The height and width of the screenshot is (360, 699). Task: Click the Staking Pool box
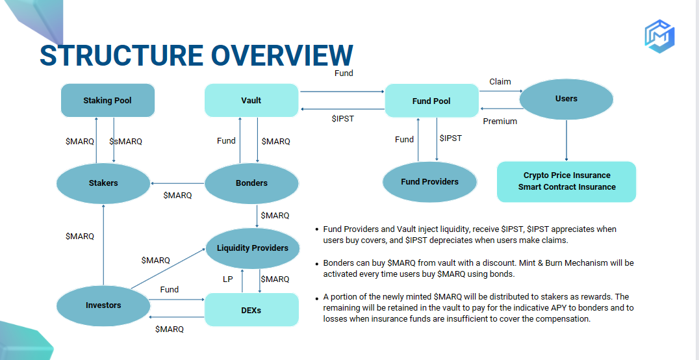pyautogui.click(x=108, y=101)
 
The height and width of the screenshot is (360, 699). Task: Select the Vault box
pyautogui.click(x=251, y=101)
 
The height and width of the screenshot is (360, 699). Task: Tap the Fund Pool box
pyautogui.click(x=431, y=101)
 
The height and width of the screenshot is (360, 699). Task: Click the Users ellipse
pyautogui.click(x=566, y=99)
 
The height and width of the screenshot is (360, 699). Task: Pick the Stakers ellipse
pyautogui.click(x=103, y=183)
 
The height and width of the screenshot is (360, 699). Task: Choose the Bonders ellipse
pyautogui.click(x=251, y=183)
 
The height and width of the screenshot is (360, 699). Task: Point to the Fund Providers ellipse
pyautogui.click(x=429, y=182)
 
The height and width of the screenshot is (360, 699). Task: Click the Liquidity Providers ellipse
pyautogui.click(x=252, y=248)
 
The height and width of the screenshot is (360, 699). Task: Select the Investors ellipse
pyautogui.click(x=103, y=305)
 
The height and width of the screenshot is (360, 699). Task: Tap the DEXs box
pyautogui.click(x=251, y=311)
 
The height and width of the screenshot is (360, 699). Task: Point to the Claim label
pyautogui.click(x=500, y=82)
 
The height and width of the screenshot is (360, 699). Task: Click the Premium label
pyautogui.click(x=500, y=122)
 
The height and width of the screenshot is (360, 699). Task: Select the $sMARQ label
pyautogui.click(x=125, y=141)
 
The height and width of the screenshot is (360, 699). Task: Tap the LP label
pyautogui.click(x=228, y=279)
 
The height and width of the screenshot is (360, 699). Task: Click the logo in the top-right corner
pyautogui.click(x=659, y=36)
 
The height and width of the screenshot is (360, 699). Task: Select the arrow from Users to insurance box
pyautogui.click(x=566, y=140)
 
